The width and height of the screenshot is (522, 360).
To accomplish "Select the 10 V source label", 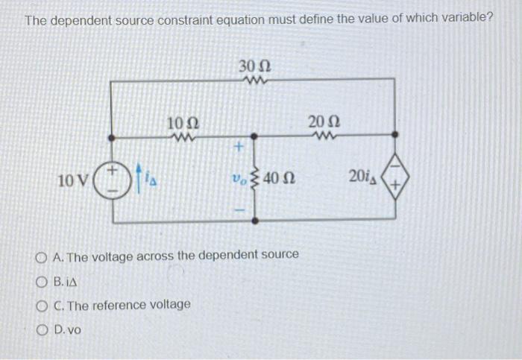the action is click(72, 180).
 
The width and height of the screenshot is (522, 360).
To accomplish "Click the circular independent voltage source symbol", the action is click(113, 179).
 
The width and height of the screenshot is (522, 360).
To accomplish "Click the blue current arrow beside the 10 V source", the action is click(139, 179).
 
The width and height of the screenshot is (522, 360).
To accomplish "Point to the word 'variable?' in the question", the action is click(466, 19).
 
